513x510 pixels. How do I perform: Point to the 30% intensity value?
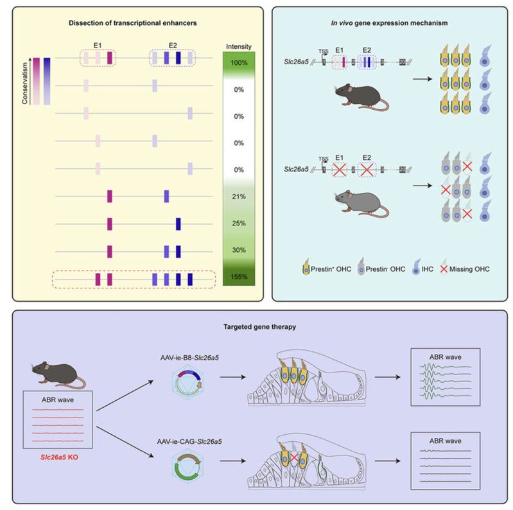238,251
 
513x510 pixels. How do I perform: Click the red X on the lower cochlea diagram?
293,460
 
